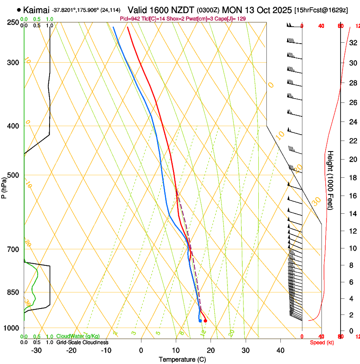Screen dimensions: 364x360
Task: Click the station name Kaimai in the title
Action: pos(36,10)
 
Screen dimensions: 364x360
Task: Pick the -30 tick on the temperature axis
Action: pos(36,350)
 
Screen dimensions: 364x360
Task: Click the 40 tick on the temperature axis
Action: pos(280,350)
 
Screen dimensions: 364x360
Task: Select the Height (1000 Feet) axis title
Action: pos(331,180)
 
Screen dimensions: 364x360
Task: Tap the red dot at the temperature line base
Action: pos(205,321)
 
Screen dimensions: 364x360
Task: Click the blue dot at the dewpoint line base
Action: pos(200,321)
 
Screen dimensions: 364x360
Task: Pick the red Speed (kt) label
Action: pos(322,342)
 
